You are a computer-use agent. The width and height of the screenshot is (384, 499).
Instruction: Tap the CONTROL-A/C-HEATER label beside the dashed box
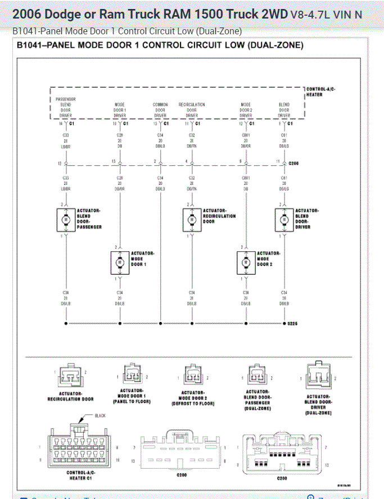point(320,92)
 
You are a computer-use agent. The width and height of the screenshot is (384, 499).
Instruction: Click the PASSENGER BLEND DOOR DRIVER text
point(66,107)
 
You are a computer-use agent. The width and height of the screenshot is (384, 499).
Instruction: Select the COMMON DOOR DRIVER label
point(160,110)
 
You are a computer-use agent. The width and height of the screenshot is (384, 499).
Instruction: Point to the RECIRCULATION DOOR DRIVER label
point(192,110)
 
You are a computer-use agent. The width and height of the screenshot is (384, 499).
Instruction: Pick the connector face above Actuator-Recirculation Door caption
point(71,376)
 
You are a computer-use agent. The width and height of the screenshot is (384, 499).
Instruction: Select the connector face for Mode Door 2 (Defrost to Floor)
point(192,375)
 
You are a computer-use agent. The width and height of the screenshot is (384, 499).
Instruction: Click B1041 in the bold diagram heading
point(29,46)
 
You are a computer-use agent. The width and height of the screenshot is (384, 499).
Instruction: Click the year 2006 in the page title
point(26,14)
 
